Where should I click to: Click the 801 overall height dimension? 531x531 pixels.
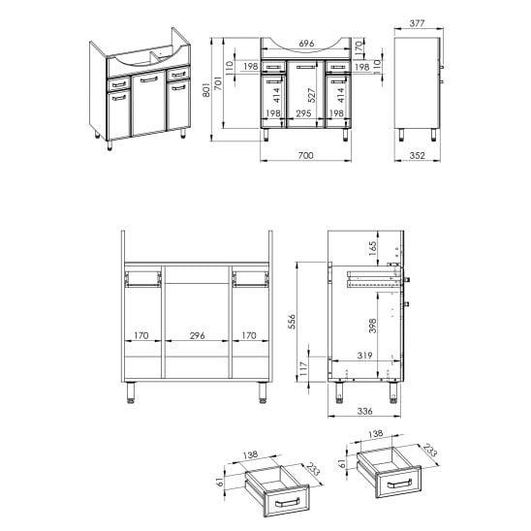coord(206,89)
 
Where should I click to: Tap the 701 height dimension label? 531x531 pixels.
coord(218,83)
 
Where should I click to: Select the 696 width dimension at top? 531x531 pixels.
coord(306,44)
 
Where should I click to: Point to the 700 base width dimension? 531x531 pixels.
coord(306,155)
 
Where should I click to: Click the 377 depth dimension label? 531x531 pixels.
coord(417,23)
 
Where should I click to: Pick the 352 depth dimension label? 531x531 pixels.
coord(417,155)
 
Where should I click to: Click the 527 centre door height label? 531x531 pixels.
coord(311,95)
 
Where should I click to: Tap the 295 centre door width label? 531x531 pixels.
coord(303,113)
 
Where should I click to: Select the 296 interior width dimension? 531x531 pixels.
coord(197,335)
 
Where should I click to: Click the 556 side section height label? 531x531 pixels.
coord(292,322)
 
